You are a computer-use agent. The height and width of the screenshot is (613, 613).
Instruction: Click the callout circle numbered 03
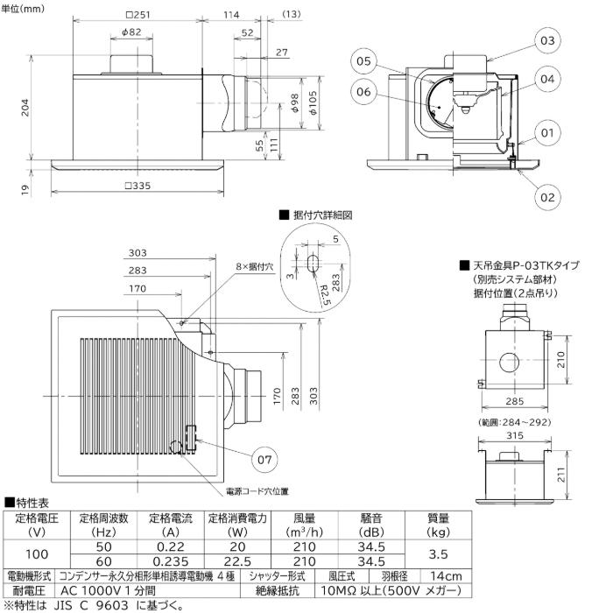point(546,40)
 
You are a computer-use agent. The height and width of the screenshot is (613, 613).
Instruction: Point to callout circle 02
point(546,197)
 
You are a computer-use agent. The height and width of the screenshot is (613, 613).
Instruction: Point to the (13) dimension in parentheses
point(292,15)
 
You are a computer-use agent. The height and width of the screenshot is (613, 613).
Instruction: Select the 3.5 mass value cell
point(438,553)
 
